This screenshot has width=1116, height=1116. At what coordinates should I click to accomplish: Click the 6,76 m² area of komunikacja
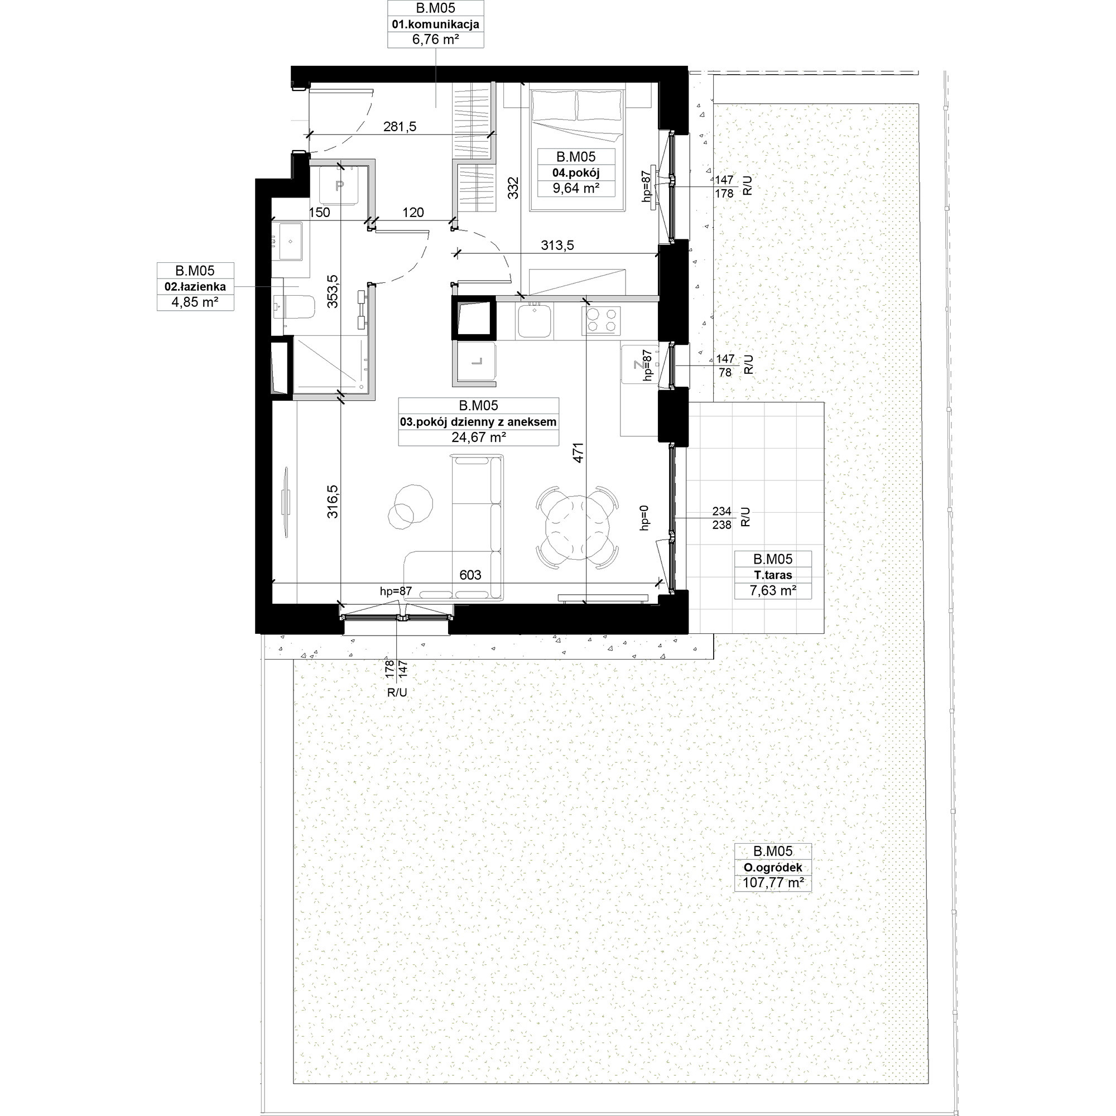point(435,40)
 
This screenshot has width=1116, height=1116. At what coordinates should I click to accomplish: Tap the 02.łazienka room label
point(195,286)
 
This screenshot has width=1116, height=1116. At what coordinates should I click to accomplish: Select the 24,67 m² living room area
point(478,437)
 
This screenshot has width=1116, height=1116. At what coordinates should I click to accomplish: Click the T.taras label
point(772,575)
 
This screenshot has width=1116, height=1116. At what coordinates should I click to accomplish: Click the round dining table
point(578,526)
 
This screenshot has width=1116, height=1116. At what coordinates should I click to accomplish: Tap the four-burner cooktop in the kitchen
point(602,321)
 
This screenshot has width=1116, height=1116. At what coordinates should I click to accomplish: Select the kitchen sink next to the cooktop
point(535,321)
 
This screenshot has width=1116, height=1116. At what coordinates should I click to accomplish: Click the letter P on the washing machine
point(340,185)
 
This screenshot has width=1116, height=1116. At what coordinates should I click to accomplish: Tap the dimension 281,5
point(400,127)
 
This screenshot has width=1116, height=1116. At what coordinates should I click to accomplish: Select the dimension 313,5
point(557,246)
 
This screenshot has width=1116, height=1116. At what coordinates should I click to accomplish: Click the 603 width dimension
point(470,575)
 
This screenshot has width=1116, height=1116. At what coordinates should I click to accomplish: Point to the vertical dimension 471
point(579,453)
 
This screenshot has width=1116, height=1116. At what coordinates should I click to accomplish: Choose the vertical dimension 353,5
point(333,291)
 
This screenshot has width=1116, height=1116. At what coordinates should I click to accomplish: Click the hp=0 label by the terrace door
point(644,518)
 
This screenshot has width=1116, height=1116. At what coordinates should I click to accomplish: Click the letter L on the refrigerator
point(477,362)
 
